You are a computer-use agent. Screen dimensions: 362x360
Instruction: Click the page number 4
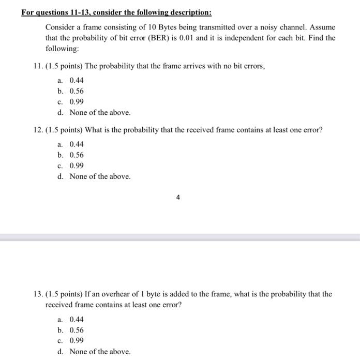coord(178,197)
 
